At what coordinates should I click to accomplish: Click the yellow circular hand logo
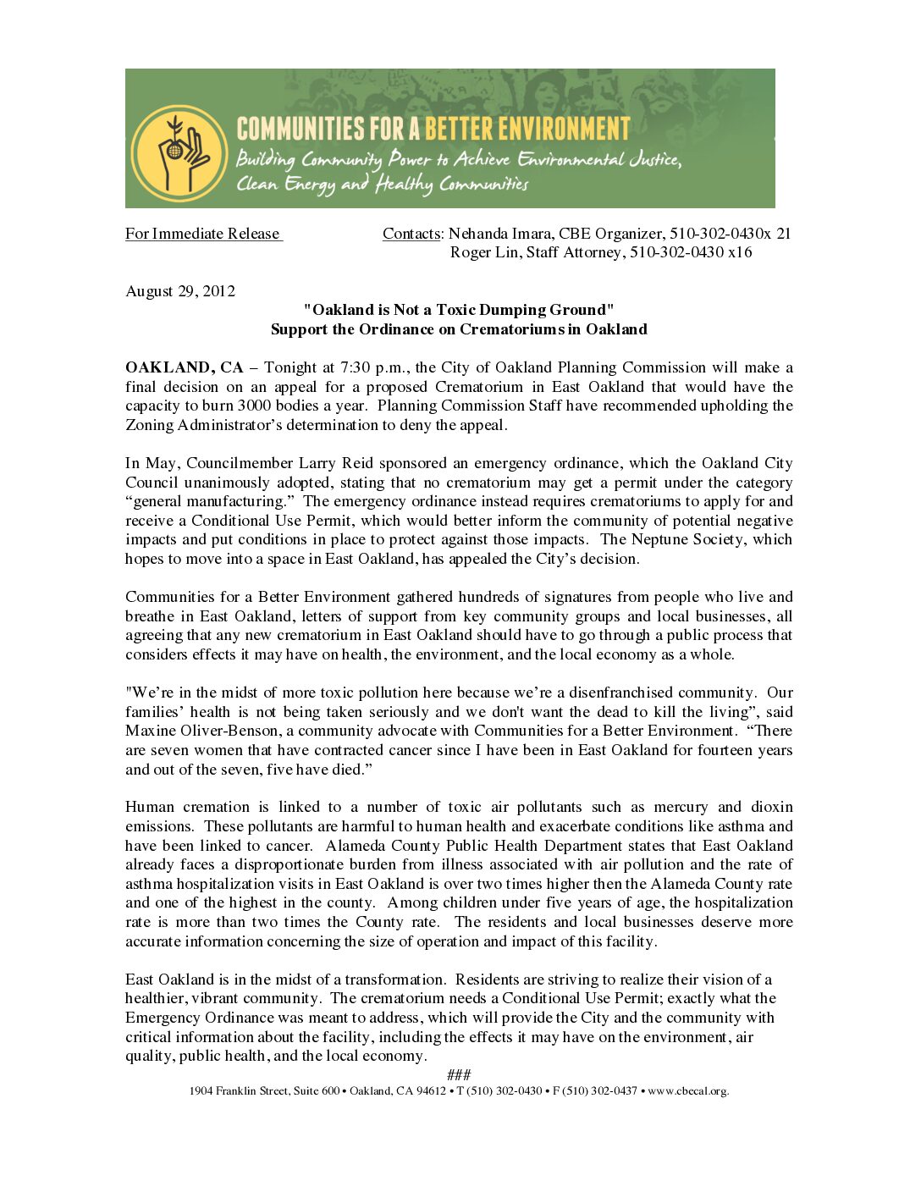179,153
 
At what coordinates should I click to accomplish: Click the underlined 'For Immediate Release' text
203,234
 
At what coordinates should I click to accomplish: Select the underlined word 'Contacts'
411,234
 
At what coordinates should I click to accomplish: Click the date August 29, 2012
180,291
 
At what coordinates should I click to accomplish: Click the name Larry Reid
336,463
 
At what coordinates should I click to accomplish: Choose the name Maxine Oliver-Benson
201,731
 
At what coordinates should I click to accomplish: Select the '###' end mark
459,1075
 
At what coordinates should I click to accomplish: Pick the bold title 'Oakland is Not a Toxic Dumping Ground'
459,310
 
